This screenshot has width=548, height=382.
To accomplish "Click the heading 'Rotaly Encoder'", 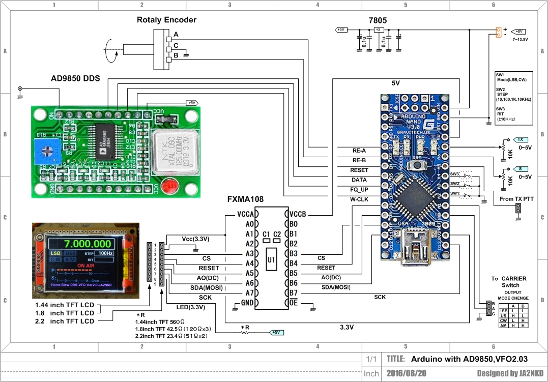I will click(166, 20).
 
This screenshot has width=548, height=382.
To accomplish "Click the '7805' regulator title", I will click(378, 21).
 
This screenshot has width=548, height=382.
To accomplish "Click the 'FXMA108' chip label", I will click(246, 199).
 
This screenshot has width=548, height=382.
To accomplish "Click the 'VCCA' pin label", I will click(245, 214).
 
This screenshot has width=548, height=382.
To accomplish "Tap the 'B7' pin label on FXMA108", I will click(293, 293).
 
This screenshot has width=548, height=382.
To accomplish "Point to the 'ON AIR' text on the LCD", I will click(86, 266).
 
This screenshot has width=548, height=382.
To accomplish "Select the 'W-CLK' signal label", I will click(359, 199).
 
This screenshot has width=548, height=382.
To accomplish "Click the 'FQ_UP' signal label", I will click(359, 189).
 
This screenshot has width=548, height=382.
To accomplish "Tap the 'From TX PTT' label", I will click(517, 199).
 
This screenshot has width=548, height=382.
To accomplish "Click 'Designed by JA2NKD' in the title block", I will click(510, 373).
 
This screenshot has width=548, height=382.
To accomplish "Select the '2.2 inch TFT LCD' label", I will click(65, 321).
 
